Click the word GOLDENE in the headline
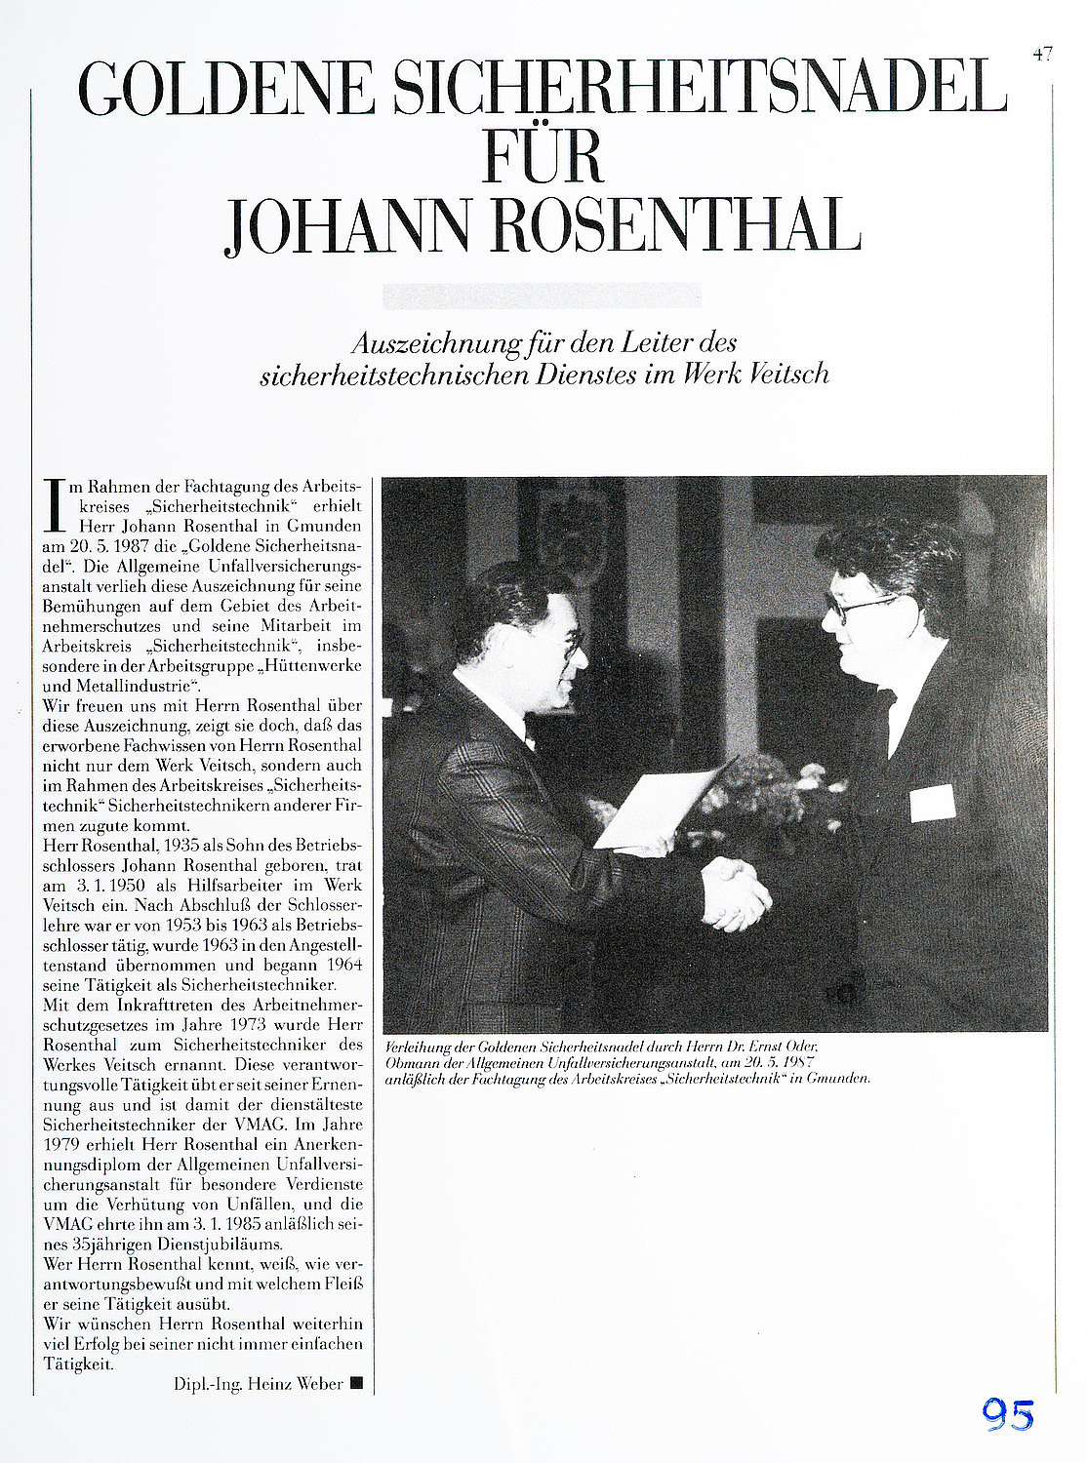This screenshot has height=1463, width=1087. click(226, 89)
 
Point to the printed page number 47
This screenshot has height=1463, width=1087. click(1042, 56)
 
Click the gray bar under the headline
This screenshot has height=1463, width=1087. click(542, 296)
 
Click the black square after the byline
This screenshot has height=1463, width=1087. click(356, 1382)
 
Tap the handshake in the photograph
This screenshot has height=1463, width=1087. click(737, 891)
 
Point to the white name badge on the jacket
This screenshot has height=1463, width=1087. click(931, 802)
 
